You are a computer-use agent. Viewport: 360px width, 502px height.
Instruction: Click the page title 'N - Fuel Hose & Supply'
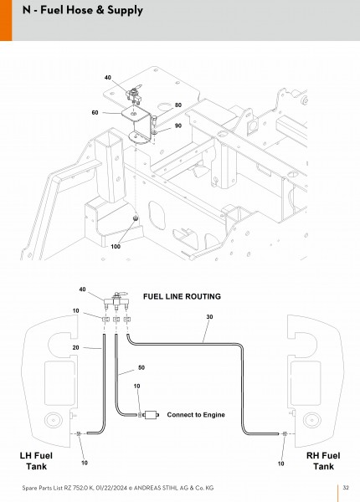pyautogui.click(x=83, y=10)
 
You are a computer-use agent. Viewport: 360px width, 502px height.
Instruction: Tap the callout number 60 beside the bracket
pyautogui.click(x=95, y=113)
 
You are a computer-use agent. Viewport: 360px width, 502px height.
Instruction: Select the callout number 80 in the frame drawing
pyautogui.click(x=178, y=105)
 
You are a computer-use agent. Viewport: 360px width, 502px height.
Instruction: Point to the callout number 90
pyautogui.click(x=178, y=125)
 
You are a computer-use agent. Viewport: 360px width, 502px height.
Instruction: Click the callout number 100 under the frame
pyautogui.click(x=116, y=246)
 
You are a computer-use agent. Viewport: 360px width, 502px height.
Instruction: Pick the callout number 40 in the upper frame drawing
pyautogui.click(x=108, y=78)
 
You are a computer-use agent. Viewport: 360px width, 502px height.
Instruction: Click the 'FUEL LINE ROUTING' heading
pyautogui.click(x=182, y=296)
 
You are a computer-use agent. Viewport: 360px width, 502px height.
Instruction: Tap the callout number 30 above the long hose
pyautogui.click(x=209, y=316)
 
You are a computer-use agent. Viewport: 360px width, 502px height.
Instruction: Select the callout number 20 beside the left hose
pyautogui.click(x=75, y=347)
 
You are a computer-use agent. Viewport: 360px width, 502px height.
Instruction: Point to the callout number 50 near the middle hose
pyautogui.click(x=141, y=367)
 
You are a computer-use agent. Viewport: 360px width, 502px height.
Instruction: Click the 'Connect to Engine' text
pyautogui.click(x=196, y=415)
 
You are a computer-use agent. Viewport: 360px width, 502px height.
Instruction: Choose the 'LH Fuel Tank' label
pyautogui.click(x=36, y=461)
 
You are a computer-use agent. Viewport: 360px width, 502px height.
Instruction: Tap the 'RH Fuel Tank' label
pyautogui.click(x=323, y=461)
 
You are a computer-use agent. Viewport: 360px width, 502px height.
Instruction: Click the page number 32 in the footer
pyautogui.click(x=346, y=488)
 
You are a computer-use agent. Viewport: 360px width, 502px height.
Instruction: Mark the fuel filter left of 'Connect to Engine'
pyautogui.click(x=152, y=415)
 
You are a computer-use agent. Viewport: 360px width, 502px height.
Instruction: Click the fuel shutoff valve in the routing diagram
pyautogui.click(x=116, y=300)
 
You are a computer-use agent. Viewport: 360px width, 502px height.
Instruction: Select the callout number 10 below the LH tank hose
pyautogui.click(x=85, y=463)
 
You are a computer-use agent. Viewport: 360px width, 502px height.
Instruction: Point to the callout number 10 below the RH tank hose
pyautogui.click(x=280, y=464)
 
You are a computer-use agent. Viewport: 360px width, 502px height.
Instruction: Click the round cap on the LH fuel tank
pyautogui.click(x=54, y=420)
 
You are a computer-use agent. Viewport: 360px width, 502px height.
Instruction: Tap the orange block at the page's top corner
pyautogui.click(x=6, y=20)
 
